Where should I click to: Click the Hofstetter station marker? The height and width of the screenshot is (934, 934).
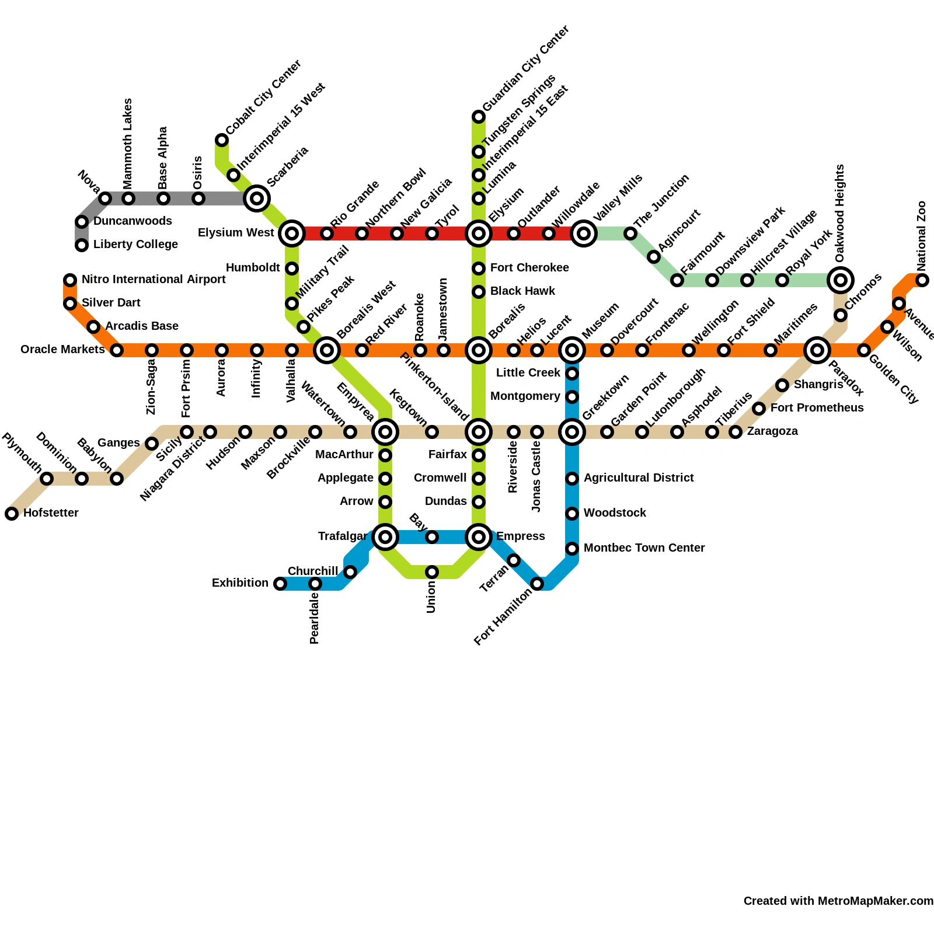click(12, 514)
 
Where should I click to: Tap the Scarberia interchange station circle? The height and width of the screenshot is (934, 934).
click(257, 198)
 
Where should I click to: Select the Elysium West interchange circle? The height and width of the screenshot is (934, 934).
click(292, 233)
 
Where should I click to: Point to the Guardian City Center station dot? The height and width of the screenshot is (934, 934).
click(479, 117)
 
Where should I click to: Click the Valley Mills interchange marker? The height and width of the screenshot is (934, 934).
click(584, 233)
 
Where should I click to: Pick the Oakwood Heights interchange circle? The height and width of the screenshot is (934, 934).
click(841, 280)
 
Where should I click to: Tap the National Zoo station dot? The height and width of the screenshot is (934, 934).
click(922, 280)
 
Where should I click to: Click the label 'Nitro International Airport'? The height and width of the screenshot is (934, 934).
click(154, 280)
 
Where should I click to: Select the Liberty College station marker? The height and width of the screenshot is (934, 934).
click(82, 245)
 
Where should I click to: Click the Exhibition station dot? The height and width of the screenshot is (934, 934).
click(280, 584)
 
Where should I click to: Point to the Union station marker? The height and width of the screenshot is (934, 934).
click(432, 572)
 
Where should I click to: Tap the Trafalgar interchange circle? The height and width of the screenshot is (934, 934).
click(385, 537)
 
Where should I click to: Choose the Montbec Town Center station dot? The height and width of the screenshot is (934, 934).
click(572, 549)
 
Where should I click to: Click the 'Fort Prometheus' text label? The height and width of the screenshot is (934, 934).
click(817, 408)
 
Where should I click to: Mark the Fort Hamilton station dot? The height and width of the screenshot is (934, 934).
click(537, 584)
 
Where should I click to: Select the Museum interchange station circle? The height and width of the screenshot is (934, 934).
click(572, 350)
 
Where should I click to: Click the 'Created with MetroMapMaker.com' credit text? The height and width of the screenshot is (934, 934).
click(838, 901)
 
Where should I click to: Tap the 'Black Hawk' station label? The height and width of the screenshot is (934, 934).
click(522, 291)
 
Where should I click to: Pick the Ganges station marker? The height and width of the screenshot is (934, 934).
click(152, 444)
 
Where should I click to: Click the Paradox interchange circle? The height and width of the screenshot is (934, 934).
click(817, 350)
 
